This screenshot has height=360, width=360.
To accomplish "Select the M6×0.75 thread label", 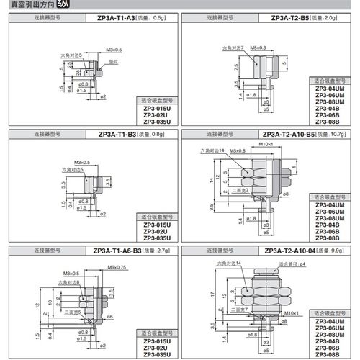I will pyautogui.click(x=116, y=268).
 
